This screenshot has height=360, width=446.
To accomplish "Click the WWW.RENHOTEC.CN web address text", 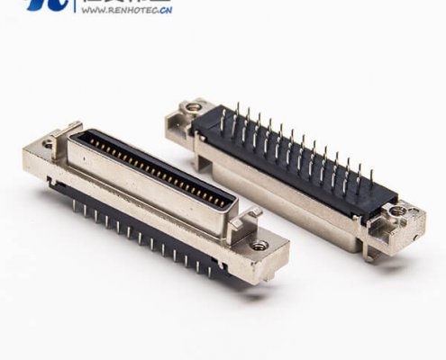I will coord(126,13).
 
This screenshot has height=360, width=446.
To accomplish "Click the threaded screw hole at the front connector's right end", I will coord(259,244).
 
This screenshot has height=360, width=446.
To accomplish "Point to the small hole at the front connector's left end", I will coord(47,143).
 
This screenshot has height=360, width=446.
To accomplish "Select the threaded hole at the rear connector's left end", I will coord(193,108).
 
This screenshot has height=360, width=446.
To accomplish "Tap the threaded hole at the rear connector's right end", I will coord(397,212).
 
